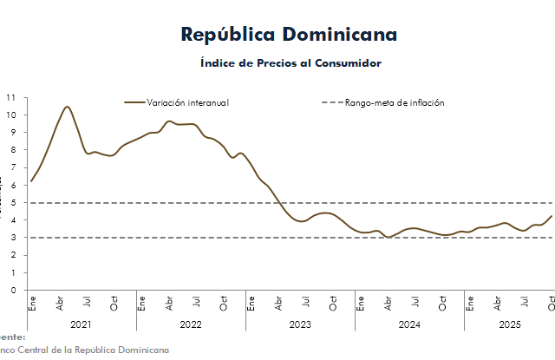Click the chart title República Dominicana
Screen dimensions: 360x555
(290, 35)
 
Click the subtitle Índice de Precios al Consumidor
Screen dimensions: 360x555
(291, 63)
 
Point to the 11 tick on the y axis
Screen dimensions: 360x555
(10, 97)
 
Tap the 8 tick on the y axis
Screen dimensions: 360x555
(11, 150)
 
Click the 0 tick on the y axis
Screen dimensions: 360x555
(11, 291)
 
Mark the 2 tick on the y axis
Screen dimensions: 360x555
(11, 255)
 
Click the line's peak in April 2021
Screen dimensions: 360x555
(67, 107)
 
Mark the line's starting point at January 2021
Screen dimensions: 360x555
(31, 181)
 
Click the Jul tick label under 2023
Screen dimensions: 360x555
(305, 303)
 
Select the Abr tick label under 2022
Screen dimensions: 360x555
(168, 303)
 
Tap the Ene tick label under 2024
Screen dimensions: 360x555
(360, 303)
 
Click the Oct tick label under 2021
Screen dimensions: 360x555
(114, 303)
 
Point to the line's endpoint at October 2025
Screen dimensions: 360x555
(552, 216)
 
